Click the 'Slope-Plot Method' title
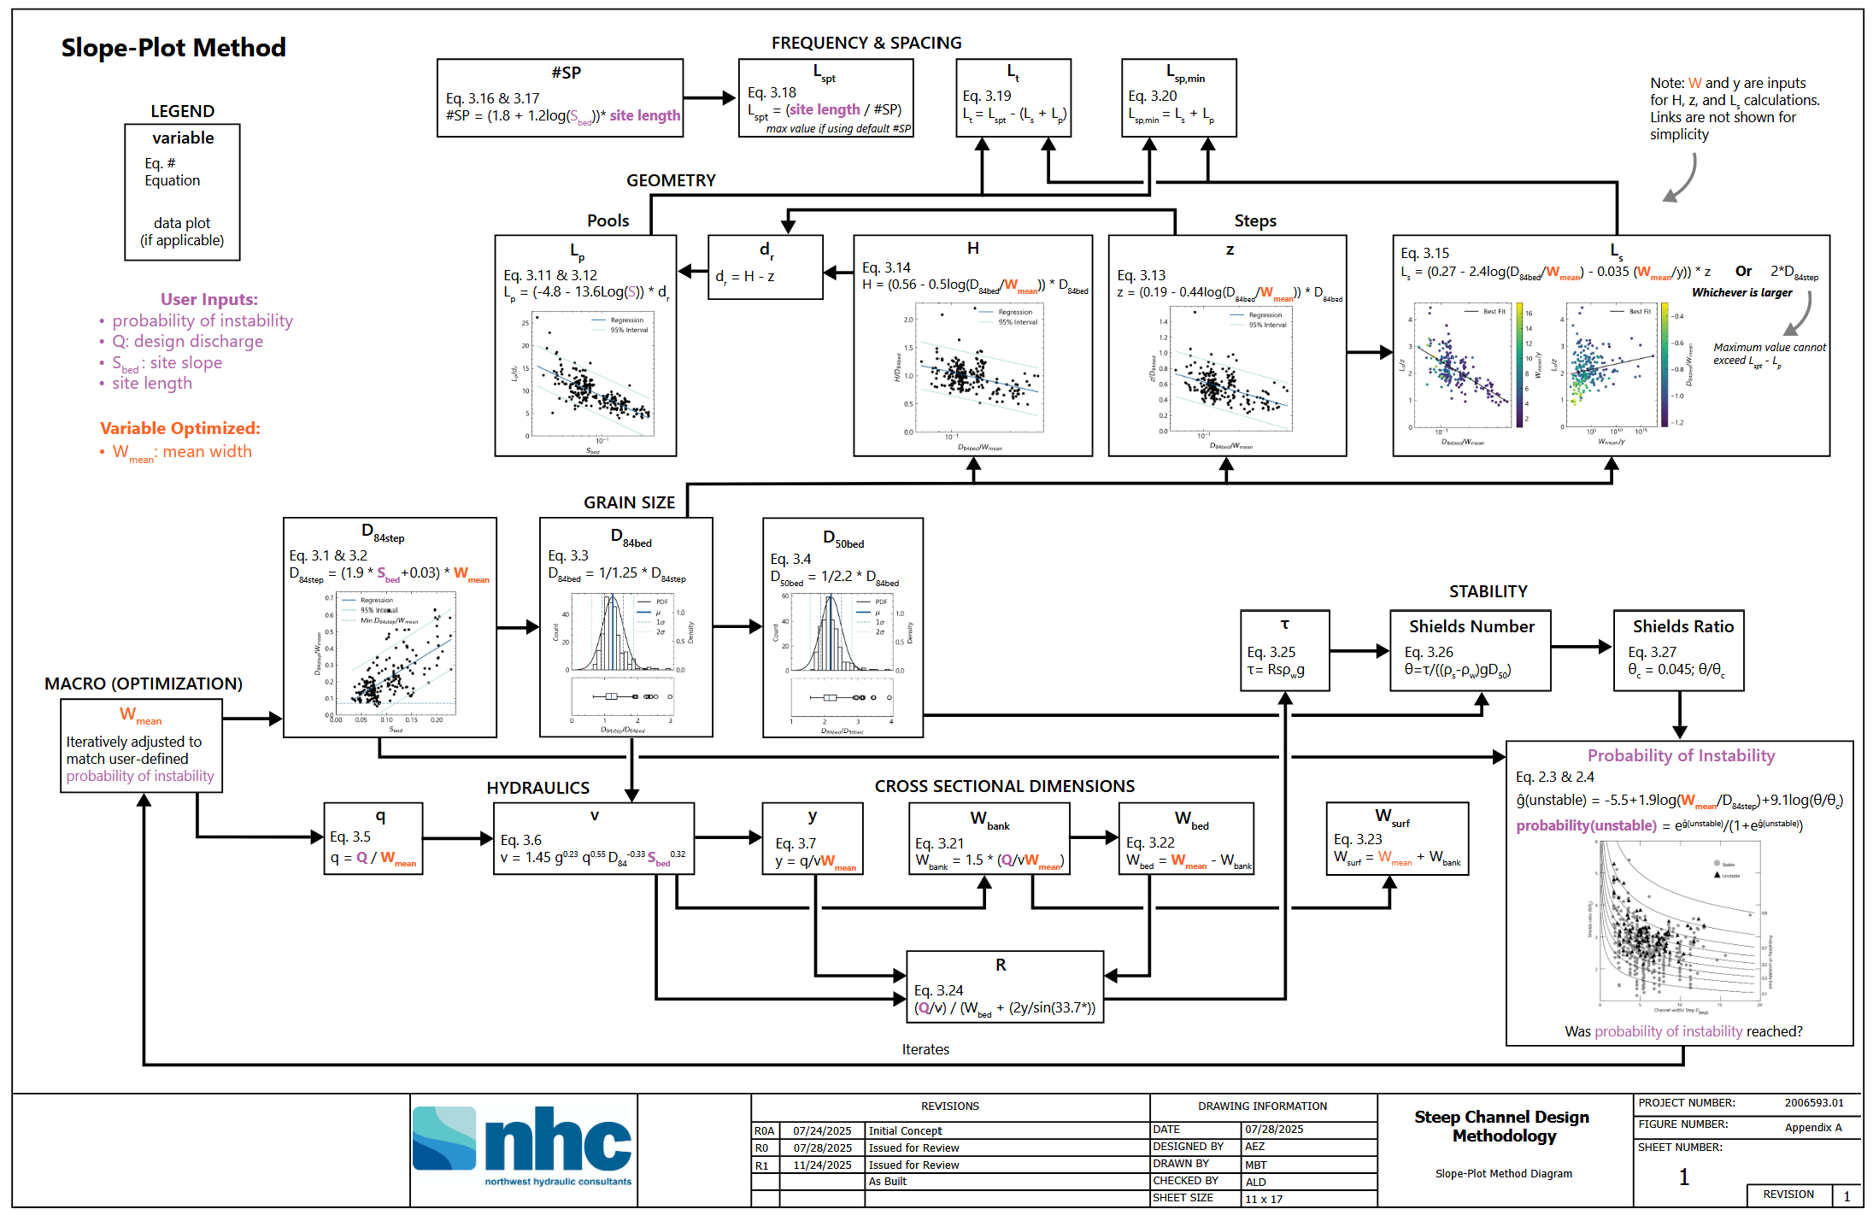tap(173, 48)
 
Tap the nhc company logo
tap(522, 1145)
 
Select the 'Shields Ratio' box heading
tap(1682, 626)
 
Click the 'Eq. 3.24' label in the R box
tap(938, 990)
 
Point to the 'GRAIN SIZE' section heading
tap(629, 502)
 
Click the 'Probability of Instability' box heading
tap(1680, 755)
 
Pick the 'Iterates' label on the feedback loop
tap(925, 1049)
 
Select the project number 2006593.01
tap(1813, 1103)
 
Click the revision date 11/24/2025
tap(822, 1165)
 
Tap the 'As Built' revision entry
tap(887, 1182)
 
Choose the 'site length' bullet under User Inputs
tap(152, 384)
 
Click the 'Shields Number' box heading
tap(1471, 626)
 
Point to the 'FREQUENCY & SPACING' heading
tap(866, 43)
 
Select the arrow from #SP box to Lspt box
tap(710, 98)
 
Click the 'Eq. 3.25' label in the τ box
tap(1271, 652)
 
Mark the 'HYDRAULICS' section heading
tap(537, 788)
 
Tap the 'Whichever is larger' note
tap(1741, 292)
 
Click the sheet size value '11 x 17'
tap(1264, 1199)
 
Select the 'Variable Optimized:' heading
tap(179, 428)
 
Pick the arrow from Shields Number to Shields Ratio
tap(1582, 648)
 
